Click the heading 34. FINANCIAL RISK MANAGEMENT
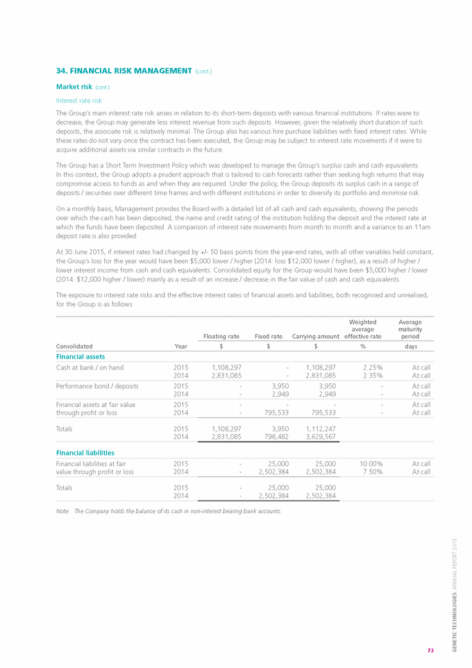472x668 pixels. pyautogui.click(x=123, y=71)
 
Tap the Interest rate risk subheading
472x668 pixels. pyautogui.click(x=75, y=100)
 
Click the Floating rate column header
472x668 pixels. pyautogui.click(x=221, y=336)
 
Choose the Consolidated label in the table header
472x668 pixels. pyautogui.click(x=74, y=346)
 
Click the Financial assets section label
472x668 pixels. pyautogui.click(x=80, y=356)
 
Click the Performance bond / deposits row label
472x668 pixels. pyautogui.click(x=96, y=385)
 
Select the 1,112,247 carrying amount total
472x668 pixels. pyautogui.click(x=319, y=428)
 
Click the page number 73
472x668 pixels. pyautogui.click(x=430, y=651)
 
